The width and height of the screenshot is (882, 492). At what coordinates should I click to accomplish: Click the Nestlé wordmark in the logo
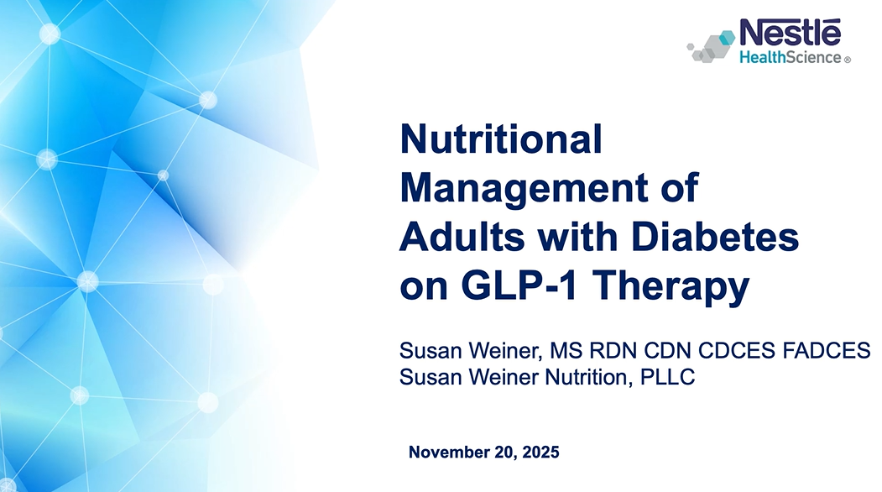coord(790,34)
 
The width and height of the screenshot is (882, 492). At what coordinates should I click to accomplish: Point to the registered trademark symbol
coord(847,60)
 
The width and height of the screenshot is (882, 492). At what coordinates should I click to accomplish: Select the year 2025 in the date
coord(540,453)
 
